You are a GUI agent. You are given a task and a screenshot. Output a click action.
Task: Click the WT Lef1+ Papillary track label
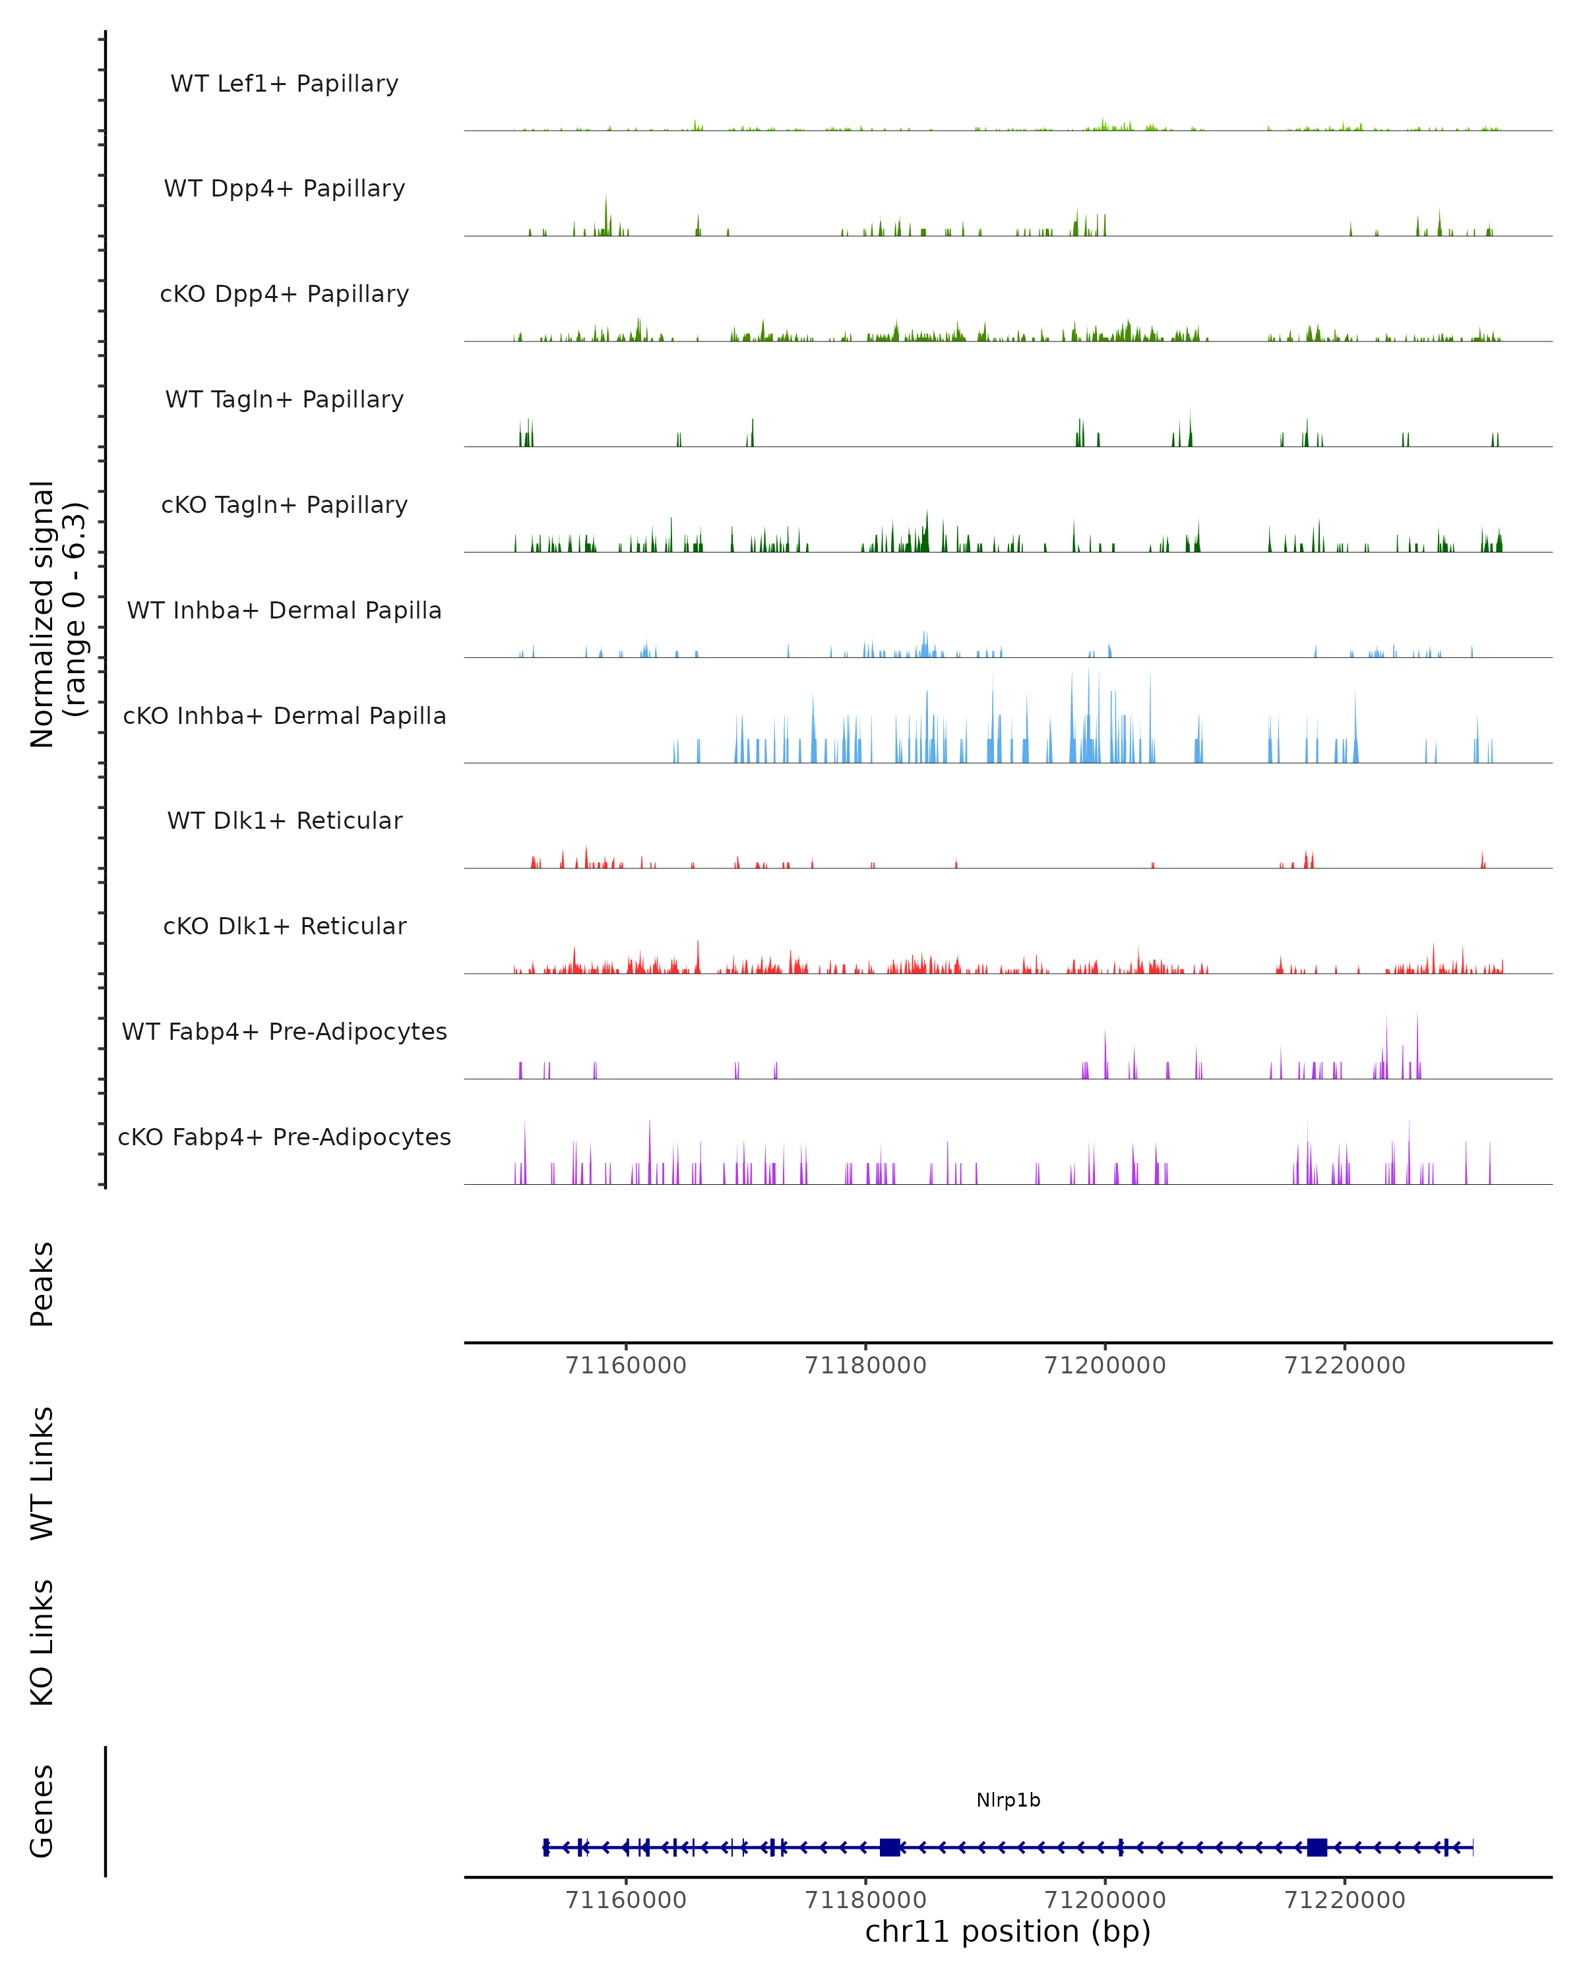pyautogui.click(x=284, y=84)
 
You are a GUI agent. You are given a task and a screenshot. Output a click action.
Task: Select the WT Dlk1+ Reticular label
pyautogui.click(x=284, y=820)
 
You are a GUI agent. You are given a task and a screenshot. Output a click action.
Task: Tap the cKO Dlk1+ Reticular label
pyautogui.click(x=284, y=926)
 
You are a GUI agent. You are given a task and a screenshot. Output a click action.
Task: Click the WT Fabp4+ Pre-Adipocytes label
pyautogui.click(x=284, y=1031)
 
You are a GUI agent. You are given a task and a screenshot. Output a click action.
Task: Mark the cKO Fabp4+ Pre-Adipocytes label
pyautogui.click(x=284, y=1137)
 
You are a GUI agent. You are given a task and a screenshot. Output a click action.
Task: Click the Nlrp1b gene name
pyautogui.click(x=1008, y=1800)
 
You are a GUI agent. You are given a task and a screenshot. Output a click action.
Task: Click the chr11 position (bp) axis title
pyautogui.click(x=1008, y=1931)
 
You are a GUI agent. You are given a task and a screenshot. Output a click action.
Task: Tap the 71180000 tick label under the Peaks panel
pyautogui.click(x=865, y=1365)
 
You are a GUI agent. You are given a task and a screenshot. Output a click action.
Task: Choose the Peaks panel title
pyautogui.click(x=42, y=1284)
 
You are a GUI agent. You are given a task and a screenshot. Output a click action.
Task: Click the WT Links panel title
pyautogui.click(x=42, y=1472)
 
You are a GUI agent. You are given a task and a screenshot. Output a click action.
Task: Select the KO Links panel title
pyautogui.click(x=42, y=1642)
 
